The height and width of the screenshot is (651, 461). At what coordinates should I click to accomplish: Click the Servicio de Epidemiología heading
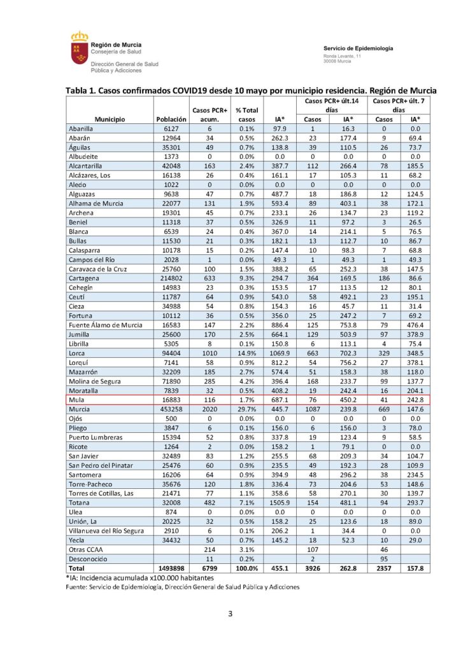pos(358,48)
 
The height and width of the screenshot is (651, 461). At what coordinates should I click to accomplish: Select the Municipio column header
pos(110,119)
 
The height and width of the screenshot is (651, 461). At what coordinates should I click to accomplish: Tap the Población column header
pos(171,119)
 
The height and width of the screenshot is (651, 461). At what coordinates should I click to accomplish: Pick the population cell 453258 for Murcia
pos(171,411)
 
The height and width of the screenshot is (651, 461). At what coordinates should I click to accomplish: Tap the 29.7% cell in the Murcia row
pos(246,411)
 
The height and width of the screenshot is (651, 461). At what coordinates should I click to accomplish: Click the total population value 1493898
pos(171,568)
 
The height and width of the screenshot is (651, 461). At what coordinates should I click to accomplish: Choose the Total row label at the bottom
pos(78,568)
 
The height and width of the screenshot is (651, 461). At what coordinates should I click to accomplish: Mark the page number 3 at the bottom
pos(230,614)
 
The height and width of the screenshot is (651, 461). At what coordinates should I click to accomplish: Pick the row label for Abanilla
pos(83,128)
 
